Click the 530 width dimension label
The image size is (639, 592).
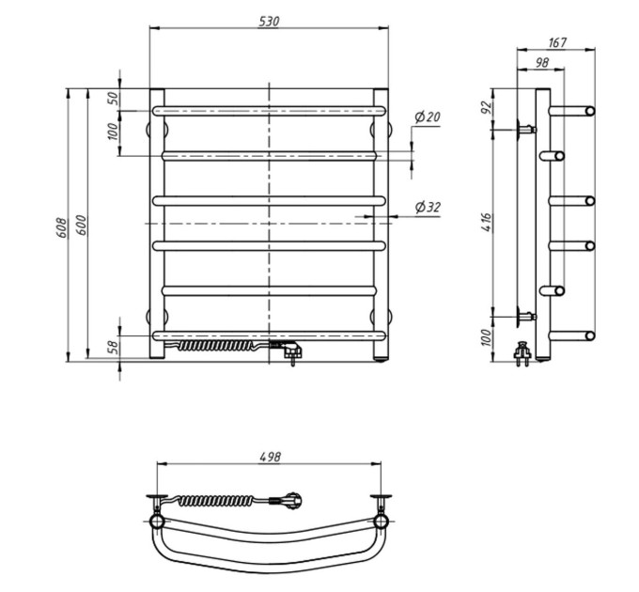pyautogui.click(x=269, y=22)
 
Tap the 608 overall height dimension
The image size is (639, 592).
pyautogui.click(x=61, y=227)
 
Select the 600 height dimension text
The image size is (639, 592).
pyautogui.click(x=81, y=225)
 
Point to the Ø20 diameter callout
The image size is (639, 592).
pyautogui.click(x=428, y=117)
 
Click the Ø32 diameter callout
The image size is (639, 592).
pyautogui.click(x=428, y=208)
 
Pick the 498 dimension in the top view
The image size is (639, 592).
pyautogui.click(x=271, y=457)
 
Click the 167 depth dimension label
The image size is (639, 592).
pyautogui.click(x=557, y=42)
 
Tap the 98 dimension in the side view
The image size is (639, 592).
pyautogui.click(x=541, y=62)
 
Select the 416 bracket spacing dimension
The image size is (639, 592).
pyautogui.click(x=487, y=223)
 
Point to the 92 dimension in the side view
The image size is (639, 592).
pyautogui.click(x=487, y=107)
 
